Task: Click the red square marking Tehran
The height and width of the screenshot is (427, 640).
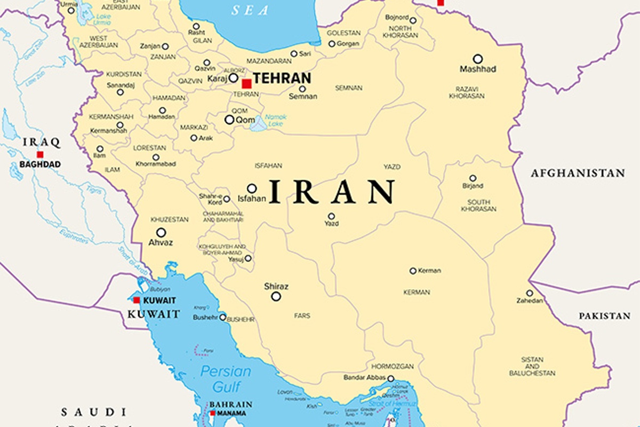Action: pyautogui.click(x=246, y=84)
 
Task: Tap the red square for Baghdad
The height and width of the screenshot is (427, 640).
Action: pyautogui.click(x=40, y=154)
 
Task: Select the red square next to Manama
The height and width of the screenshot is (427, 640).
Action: pyautogui.click(x=212, y=413)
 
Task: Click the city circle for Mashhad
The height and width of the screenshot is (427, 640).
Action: pyautogui.click(x=478, y=59)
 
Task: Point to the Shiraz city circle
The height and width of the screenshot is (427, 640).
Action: pyautogui.click(x=276, y=296)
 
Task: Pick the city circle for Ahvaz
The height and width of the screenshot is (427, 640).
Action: pyautogui.click(x=161, y=233)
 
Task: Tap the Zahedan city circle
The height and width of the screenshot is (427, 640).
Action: pyautogui.click(x=530, y=293)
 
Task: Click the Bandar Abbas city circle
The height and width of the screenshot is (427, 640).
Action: pyautogui.click(x=390, y=378)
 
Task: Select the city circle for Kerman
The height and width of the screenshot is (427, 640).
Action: pyautogui.click(x=413, y=271)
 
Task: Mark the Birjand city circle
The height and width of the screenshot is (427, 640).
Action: pyautogui.click(x=473, y=178)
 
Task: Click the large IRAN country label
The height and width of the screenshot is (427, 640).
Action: pyautogui.click(x=332, y=192)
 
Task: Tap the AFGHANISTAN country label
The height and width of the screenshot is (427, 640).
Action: pyautogui.click(x=578, y=173)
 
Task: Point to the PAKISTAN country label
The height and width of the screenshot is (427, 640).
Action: pyautogui.click(x=604, y=316)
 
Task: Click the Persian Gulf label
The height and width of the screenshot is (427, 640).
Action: pyautogui.click(x=226, y=378)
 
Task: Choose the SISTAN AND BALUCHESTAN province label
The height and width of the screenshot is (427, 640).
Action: pyautogui.click(x=532, y=366)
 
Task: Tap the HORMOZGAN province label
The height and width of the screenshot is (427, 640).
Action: pyautogui.click(x=393, y=367)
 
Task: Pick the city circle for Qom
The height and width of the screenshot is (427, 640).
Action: pyautogui.click(x=229, y=120)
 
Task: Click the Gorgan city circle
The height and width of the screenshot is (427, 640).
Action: pyautogui.click(x=332, y=44)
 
